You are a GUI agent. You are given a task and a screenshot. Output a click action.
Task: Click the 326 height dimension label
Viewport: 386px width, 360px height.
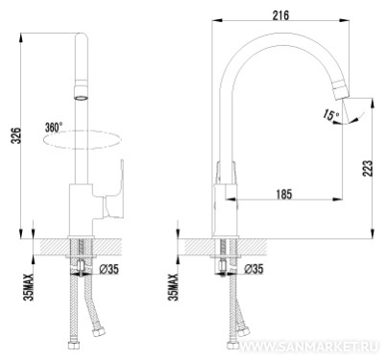click(x=16, y=135)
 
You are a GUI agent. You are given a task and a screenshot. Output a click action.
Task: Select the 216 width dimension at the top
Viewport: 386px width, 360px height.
click(x=280, y=15)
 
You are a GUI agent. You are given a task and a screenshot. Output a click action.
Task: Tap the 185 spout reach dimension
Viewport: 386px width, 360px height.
click(x=284, y=194)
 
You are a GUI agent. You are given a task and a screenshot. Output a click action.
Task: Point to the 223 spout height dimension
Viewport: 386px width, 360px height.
click(x=368, y=168)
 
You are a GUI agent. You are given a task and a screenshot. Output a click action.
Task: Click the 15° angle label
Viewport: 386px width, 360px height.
click(x=330, y=114)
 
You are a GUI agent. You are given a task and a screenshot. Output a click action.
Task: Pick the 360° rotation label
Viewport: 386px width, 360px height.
click(x=54, y=128)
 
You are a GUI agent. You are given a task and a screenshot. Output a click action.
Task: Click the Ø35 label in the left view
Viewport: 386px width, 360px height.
click(x=109, y=269)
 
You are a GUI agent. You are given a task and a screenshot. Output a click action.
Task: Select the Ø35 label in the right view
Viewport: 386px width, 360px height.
click(x=253, y=269)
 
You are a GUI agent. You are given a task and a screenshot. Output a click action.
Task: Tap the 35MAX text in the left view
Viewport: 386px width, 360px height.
click(x=29, y=287)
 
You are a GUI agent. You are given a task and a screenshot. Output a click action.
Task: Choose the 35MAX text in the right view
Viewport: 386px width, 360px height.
click(x=174, y=287)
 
